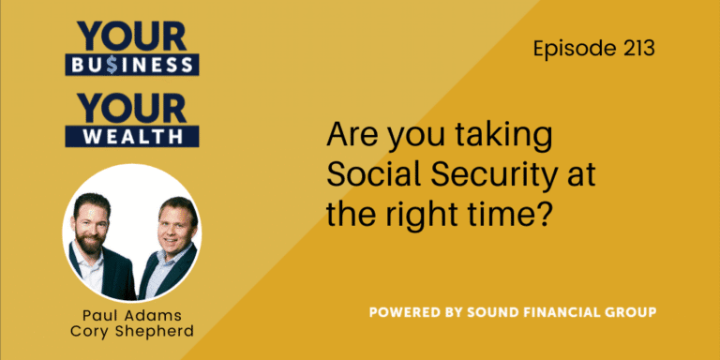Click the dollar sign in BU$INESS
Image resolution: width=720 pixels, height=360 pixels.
(111, 65)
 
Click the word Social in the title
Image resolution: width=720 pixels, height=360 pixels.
(367, 174)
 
